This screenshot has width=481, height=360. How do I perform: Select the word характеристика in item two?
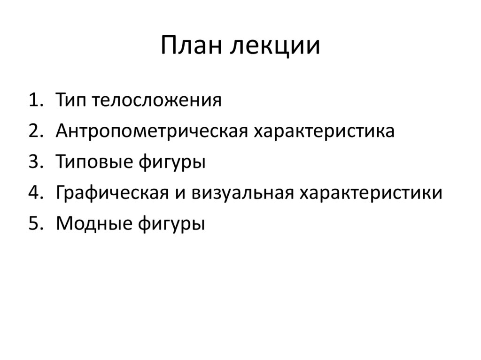[x=325, y=131]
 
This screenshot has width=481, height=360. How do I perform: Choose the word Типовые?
[x=94, y=162]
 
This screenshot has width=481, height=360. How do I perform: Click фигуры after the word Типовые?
[x=172, y=162]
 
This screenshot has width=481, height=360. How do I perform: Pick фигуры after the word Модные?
[x=171, y=224]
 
